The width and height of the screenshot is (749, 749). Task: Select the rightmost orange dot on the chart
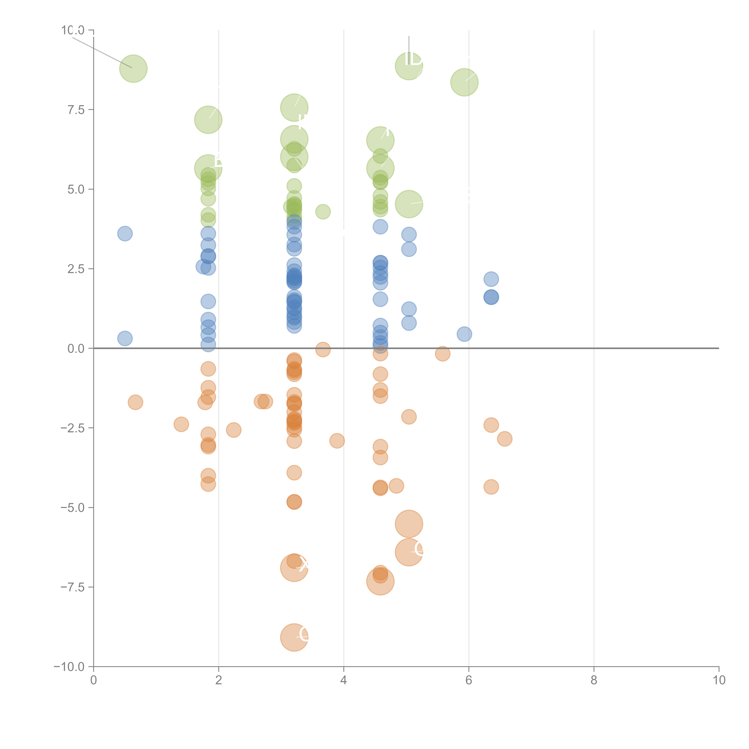(x=504, y=439)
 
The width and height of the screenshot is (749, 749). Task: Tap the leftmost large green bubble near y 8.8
(x=133, y=69)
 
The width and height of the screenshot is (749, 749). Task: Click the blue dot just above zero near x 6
(x=464, y=334)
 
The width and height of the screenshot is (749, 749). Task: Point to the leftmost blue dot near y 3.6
(x=125, y=233)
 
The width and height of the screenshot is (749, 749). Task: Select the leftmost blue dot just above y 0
(x=125, y=338)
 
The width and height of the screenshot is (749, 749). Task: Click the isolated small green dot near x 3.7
(x=323, y=212)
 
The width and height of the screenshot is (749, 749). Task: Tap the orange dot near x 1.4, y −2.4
(x=181, y=424)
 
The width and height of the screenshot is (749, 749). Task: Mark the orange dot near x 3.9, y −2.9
(x=337, y=440)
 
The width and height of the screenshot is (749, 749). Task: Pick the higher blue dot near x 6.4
(x=491, y=279)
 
